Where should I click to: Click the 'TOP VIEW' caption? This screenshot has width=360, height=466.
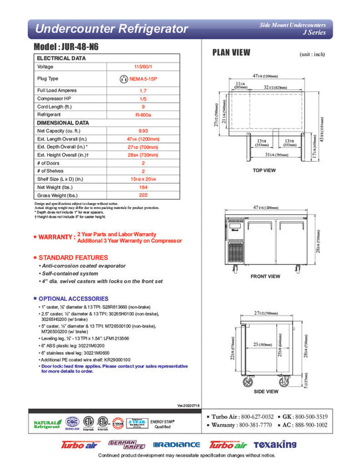(264, 170)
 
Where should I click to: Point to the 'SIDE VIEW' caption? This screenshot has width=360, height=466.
(265, 391)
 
